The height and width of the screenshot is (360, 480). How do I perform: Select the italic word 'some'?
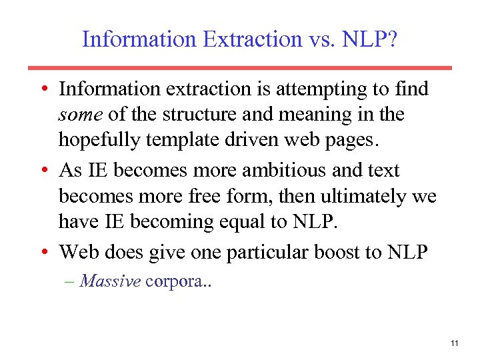[80, 115]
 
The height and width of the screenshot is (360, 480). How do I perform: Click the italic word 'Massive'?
[110, 281]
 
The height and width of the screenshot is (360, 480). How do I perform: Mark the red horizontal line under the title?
[240, 67]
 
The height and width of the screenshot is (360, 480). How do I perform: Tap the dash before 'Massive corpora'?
[70, 281]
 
